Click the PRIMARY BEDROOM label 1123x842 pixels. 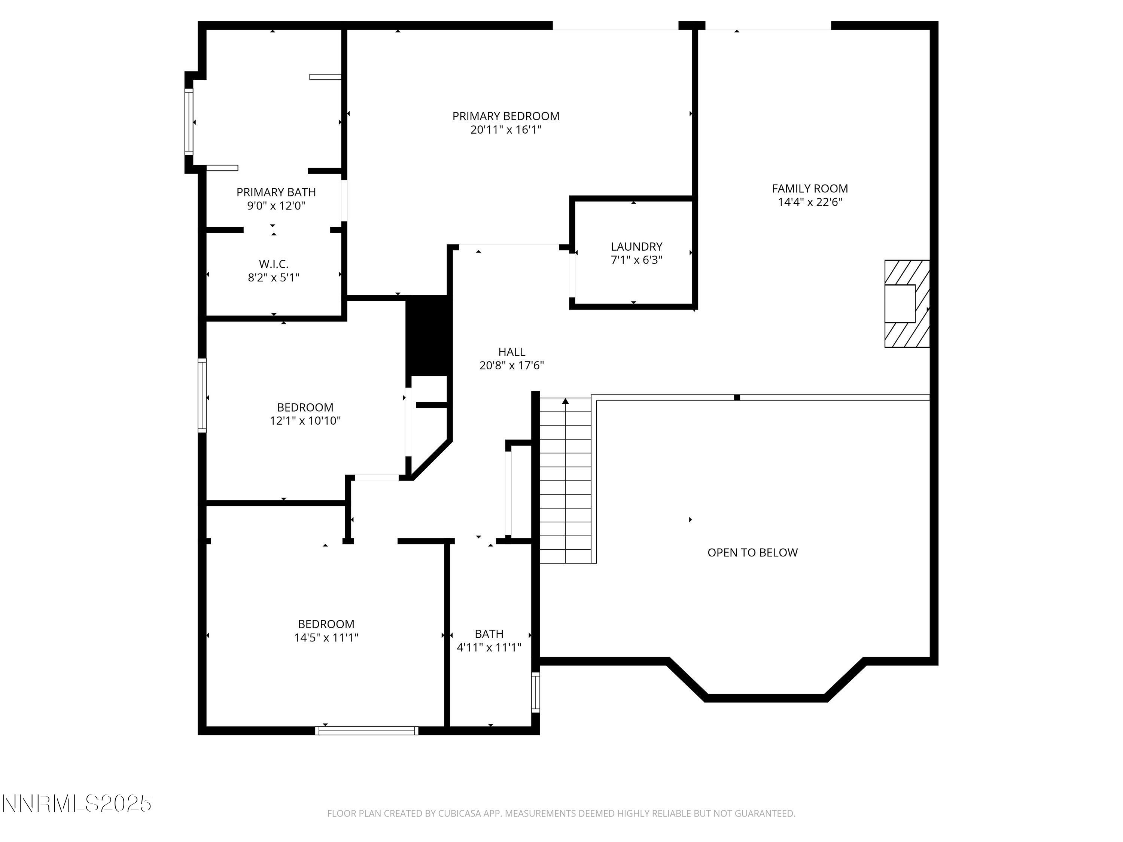tap(506, 116)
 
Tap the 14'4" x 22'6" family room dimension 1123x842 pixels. tap(810, 202)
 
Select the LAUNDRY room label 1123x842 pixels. tap(636, 247)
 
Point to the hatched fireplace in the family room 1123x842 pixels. tap(907, 304)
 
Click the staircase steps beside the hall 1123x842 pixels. tap(565, 482)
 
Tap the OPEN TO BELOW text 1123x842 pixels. tap(752, 553)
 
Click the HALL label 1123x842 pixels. tap(511, 352)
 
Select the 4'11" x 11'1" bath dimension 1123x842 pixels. tap(489, 648)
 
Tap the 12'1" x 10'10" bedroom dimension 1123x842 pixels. tap(305, 421)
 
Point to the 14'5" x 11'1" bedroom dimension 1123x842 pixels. tap(326, 637)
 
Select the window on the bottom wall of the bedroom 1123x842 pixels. tap(366, 731)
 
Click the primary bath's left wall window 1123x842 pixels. tap(189, 122)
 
